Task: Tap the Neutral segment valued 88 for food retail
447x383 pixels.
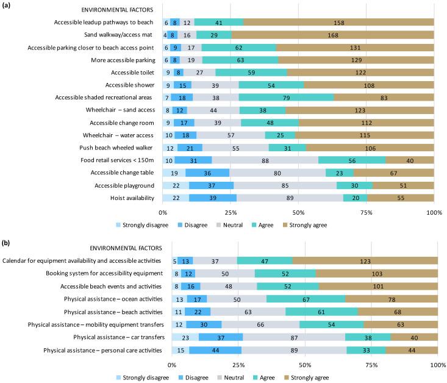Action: click(x=265, y=160)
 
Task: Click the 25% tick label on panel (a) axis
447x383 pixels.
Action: click(x=231, y=212)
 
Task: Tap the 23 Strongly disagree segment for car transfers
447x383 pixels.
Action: click(x=185, y=337)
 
